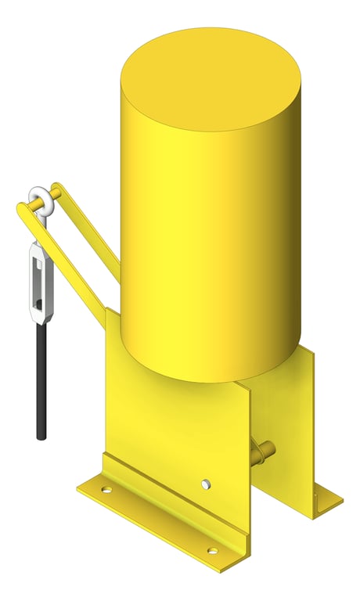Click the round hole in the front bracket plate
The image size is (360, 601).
click(x=205, y=484)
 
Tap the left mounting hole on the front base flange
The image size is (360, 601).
click(x=106, y=491)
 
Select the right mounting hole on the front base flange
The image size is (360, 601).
click(x=211, y=552)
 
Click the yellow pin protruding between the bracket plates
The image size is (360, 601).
click(x=265, y=451)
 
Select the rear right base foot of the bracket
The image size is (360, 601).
click(x=325, y=501)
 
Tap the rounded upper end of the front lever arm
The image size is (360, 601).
click(x=23, y=209)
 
